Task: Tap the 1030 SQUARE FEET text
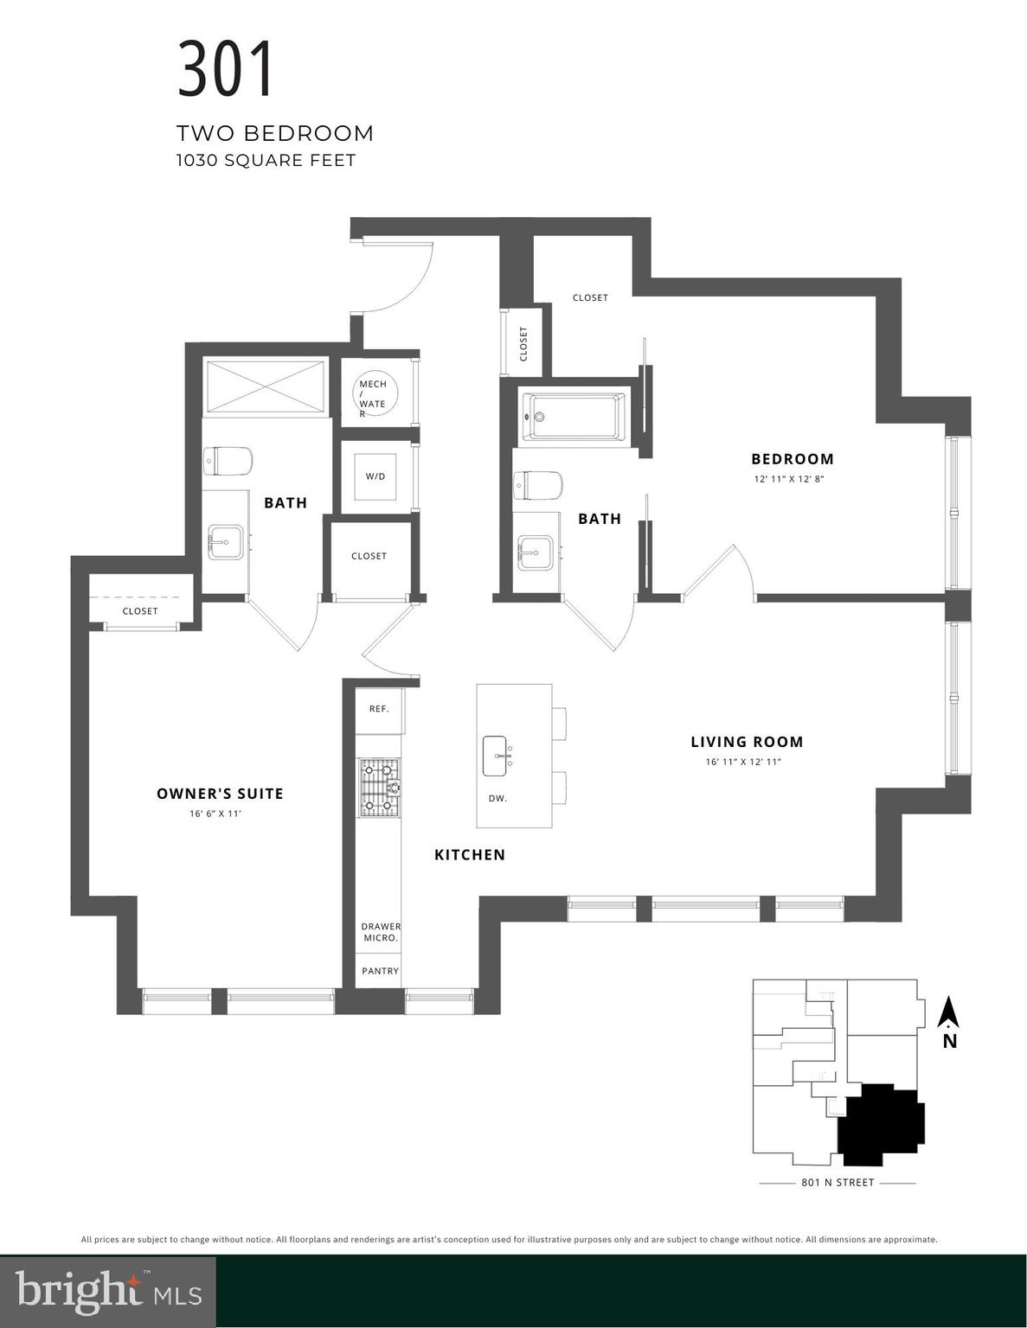(x=266, y=160)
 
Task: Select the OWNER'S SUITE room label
(x=220, y=794)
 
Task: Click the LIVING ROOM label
(x=747, y=742)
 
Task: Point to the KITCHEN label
(x=470, y=855)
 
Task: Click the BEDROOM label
(x=793, y=459)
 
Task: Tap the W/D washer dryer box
(x=375, y=476)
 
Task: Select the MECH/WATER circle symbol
(x=375, y=396)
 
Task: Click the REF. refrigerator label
(x=379, y=709)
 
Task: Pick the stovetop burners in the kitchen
(x=380, y=788)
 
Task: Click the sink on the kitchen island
(x=496, y=757)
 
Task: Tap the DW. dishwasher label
(x=497, y=799)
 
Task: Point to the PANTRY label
(x=380, y=971)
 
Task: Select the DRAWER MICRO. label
(x=381, y=932)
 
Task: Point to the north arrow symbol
(x=949, y=1013)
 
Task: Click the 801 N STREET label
(x=837, y=1183)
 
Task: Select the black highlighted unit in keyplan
(x=881, y=1124)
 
